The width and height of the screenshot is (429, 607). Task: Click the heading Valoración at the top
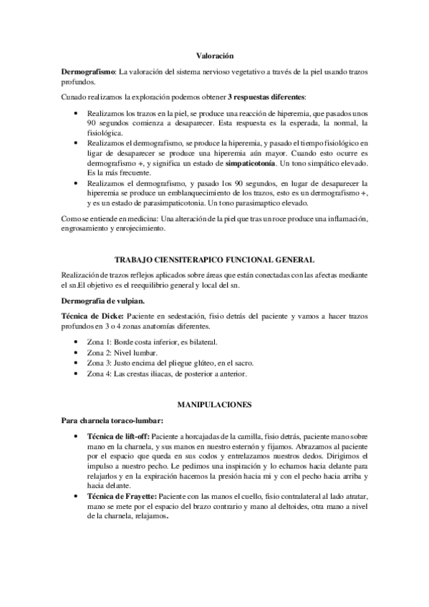click(x=214, y=54)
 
